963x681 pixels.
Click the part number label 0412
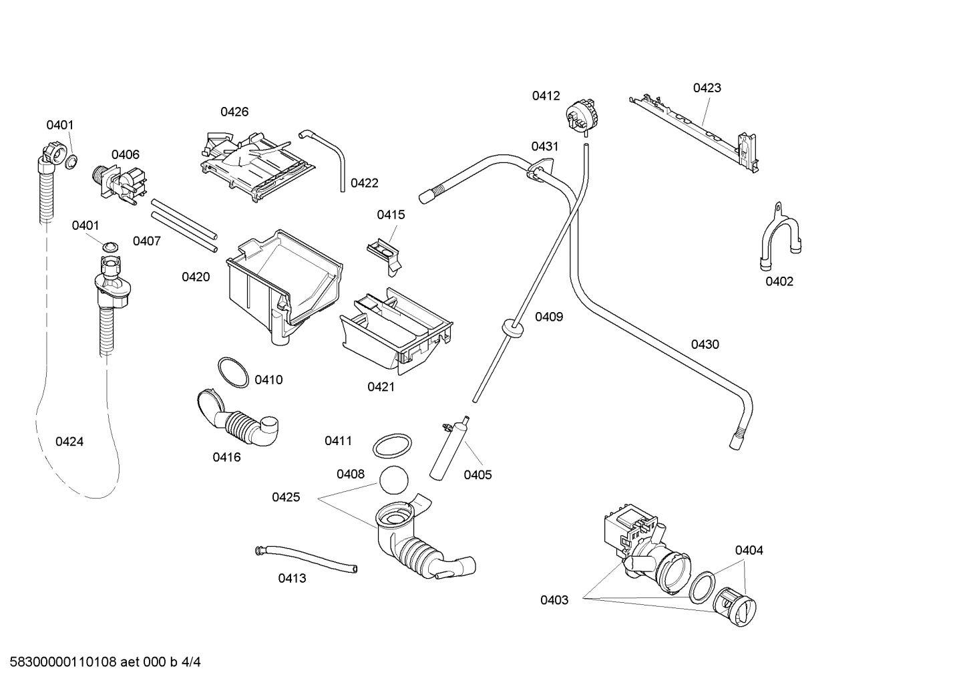click(546, 96)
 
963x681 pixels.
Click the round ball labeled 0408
click(393, 481)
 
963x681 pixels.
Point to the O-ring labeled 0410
click(234, 373)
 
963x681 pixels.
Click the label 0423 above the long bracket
click(707, 88)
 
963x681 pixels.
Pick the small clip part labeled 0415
click(385, 253)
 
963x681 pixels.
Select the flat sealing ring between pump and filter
click(701, 587)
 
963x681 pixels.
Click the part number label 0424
click(69, 442)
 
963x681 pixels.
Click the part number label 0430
click(705, 345)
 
